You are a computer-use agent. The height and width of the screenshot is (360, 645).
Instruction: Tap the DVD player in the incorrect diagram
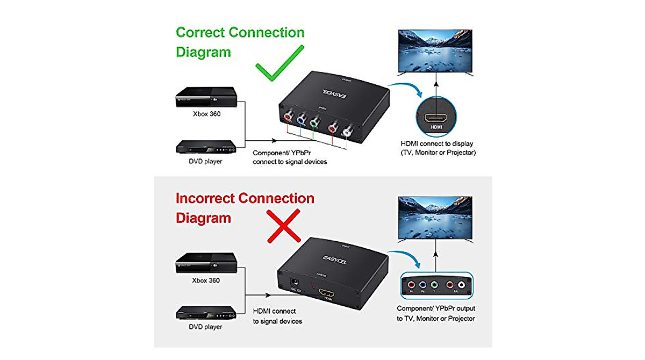pos(205,313)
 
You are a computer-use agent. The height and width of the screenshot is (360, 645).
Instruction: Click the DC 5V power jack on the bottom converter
pos(295,283)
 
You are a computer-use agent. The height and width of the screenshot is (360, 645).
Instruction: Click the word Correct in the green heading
pos(200,32)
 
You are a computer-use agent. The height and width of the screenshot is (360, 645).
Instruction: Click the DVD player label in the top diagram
pos(205,161)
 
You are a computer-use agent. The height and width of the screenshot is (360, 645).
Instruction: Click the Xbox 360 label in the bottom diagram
pos(206,280)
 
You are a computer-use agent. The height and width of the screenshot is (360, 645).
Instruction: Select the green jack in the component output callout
pos(435,286)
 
